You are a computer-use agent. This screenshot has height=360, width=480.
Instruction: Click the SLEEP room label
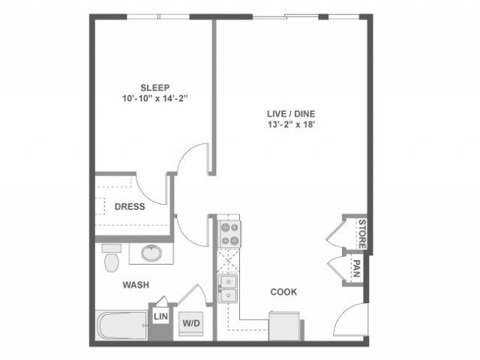[x=155, y=88]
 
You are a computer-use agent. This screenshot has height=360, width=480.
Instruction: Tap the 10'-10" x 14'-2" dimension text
[x=155, y=98]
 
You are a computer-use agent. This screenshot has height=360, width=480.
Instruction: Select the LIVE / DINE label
[x=291, y=114]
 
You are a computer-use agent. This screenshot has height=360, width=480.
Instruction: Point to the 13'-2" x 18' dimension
[x=292, y=124]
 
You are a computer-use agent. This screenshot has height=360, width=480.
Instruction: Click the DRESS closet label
[x=130, y=207]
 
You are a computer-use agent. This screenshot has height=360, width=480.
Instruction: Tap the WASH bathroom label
[x=136, y=285]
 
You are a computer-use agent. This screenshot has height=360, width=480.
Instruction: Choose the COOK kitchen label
[x=283, y=292]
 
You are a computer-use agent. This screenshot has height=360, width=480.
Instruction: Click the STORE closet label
[x=362, y=234]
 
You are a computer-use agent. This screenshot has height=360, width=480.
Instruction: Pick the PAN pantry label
[x=356, y=268]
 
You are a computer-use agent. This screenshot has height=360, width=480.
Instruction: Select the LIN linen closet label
[x=160, y=316]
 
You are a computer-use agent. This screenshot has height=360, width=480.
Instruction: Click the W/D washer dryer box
[x=191, y=323]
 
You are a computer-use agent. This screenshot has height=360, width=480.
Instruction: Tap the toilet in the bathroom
[x=112, y=258]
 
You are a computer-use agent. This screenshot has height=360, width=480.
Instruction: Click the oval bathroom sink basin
[x=151, y=253]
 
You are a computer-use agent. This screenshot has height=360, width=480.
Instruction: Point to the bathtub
[x=121, y=325]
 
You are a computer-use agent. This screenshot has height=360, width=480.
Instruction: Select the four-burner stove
[x=229, y=233]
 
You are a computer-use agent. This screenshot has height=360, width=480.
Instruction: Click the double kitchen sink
[x=227, y=288]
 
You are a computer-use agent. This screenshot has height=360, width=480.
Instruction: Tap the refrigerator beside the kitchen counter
[x=283, y=325]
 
